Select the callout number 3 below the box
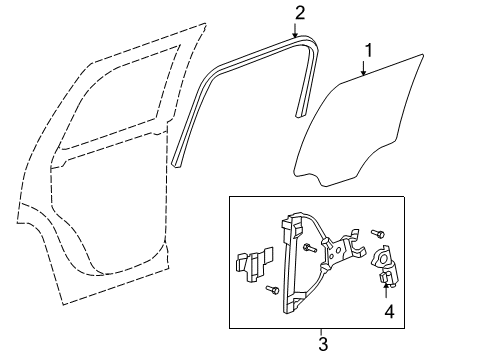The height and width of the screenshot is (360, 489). point(321,345)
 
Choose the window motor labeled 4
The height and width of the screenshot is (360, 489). point(384,269)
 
